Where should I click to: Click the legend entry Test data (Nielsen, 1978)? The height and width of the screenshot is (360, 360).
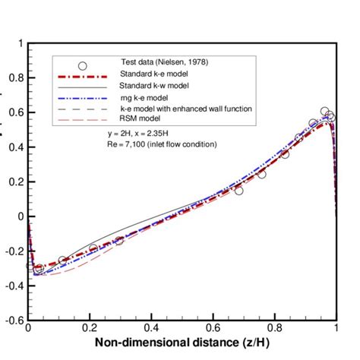click(162, 62)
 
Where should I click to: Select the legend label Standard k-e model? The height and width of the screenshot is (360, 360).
click(155, 74)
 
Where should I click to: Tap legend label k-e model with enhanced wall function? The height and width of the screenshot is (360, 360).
click(186, 109)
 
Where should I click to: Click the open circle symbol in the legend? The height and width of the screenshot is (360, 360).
click(83, 65)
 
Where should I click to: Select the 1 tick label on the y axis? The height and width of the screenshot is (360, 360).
click(20, 43)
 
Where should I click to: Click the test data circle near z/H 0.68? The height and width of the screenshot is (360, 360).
click(238, 191)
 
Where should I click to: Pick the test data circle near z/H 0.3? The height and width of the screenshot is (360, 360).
click(119, 240)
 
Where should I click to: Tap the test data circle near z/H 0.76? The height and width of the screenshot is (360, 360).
click(261, 174)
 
